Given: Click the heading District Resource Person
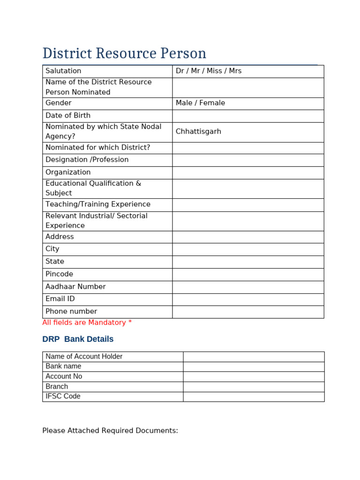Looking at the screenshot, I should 124,53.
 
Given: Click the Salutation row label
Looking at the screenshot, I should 63,71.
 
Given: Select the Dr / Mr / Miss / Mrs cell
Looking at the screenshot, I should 209,71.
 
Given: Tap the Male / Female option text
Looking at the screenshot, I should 200,103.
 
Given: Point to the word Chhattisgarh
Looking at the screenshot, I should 198,132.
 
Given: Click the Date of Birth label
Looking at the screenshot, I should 68,116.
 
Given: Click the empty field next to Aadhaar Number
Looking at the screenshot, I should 248,287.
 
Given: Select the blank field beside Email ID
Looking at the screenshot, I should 248,300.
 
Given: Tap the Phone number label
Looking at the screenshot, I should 71,312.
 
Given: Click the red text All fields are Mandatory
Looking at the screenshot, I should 87,322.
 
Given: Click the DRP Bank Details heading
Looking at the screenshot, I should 78,339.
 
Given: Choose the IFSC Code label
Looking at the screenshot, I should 63,397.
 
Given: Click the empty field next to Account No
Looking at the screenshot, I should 254,376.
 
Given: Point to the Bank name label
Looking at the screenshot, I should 63,367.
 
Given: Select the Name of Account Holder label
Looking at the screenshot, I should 84,357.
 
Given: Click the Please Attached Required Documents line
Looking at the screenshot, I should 110,431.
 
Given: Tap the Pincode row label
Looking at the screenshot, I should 59,274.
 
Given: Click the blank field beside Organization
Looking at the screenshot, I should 248,172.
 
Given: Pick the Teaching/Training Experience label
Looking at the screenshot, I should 98,205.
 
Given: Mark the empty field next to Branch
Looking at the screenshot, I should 254,387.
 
